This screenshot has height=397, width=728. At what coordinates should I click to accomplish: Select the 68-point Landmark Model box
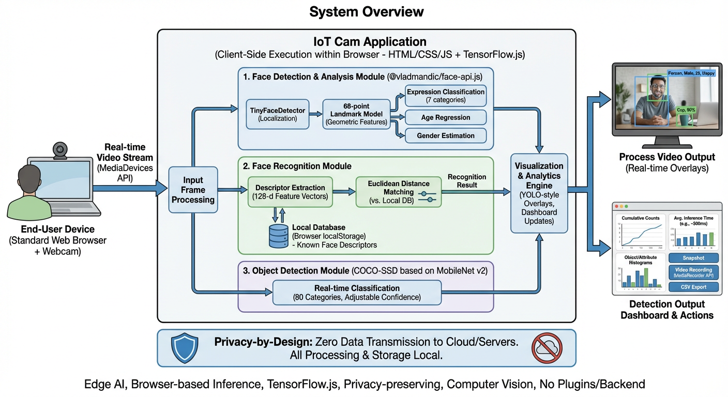356,114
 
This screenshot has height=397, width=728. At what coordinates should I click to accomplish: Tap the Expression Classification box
445,96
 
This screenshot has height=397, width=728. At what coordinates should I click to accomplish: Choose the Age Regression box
445,117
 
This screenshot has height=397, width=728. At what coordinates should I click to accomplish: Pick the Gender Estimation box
445,135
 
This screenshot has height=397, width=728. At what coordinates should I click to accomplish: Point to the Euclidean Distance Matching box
398,192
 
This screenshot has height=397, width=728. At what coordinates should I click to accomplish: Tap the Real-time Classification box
357,293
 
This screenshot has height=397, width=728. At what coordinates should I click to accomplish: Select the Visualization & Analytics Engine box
539,193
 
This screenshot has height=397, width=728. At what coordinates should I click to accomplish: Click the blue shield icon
184,348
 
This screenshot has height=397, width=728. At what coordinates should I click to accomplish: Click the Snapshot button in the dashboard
693,257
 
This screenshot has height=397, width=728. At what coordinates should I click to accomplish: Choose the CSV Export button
693,287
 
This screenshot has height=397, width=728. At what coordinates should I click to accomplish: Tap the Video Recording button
693,272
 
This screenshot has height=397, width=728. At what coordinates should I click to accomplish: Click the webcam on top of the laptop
60,150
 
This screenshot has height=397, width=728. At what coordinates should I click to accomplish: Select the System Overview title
366,12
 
